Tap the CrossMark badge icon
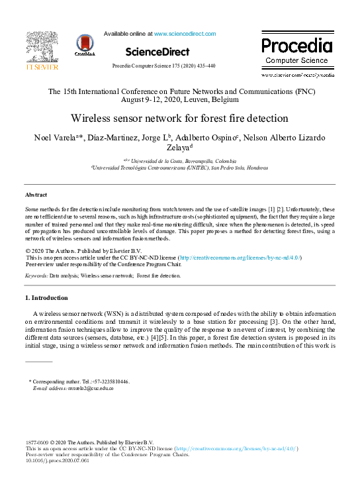point(85,44)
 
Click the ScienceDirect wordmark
point(157,51)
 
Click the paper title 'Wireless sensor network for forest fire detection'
point(180,119)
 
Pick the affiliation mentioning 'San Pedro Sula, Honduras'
point(179,168)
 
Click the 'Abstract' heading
point(36,195)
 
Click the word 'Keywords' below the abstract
point(35,275)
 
